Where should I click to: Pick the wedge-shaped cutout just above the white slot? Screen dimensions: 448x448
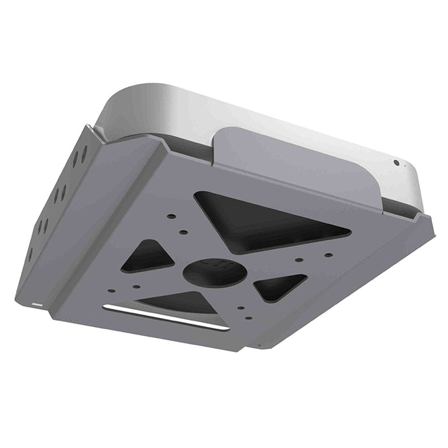[x=179, y=302]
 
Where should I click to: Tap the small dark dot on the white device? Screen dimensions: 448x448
[x=396, y=163]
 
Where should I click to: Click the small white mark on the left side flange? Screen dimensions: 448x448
[x=36, y=301]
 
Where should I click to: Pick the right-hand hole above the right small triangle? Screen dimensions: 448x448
[x=328, y=255]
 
